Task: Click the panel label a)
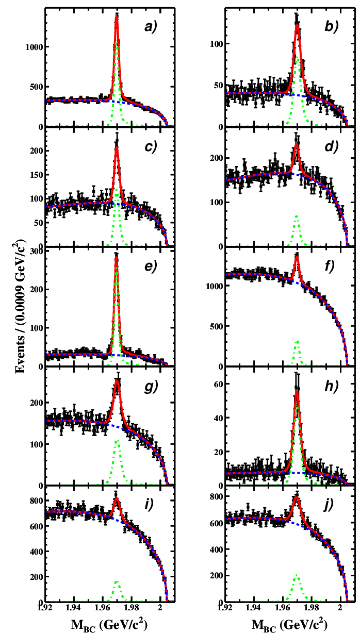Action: coord(151,27)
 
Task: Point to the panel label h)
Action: coord(332,386)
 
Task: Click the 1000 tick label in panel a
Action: coord(34,47)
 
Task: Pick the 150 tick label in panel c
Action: coord(36,175)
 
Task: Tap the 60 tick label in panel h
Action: coord(219,384)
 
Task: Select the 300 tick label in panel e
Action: coord(36,251)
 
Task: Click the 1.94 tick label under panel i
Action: coord(74,607)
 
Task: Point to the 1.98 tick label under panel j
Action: coord(311,607)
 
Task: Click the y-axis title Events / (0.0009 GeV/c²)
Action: coord(20,307)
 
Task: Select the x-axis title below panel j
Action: coord(289,625)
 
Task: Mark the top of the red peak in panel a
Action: coord(117,15)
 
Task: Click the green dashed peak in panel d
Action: coord(297,216)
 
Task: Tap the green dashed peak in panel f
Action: coord(297,342)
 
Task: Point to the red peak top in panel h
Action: coord(297,392)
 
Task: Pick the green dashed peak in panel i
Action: coord(117,581)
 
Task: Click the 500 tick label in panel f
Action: coord(216,326)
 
